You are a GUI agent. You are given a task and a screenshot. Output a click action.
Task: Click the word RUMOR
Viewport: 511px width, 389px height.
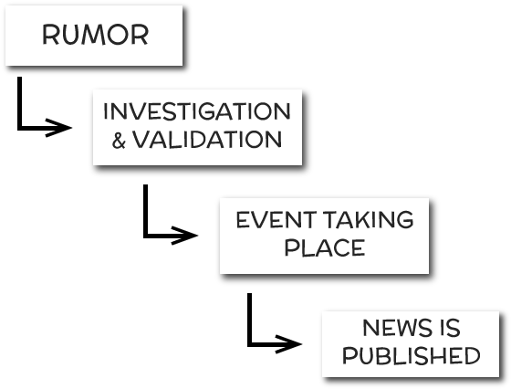[x=95, y=35]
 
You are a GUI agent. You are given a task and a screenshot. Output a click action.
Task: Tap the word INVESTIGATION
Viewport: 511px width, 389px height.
[x=196, y=111]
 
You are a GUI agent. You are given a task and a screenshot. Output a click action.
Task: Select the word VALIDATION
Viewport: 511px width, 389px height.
[x=206, y=140]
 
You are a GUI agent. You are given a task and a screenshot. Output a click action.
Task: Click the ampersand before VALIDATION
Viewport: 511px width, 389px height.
[x=119, y=141]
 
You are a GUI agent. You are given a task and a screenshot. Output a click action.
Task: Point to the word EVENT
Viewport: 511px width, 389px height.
[x=276, y=220]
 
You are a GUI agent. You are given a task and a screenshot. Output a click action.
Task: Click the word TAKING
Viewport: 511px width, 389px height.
[x=369, y=219]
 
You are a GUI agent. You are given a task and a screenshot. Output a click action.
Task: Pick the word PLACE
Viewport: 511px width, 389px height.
[x=325, y=247]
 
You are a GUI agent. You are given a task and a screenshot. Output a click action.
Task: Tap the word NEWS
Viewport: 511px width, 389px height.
[x=395, y=328]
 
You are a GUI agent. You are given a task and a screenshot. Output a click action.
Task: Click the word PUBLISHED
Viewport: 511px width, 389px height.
[x=411, y=355]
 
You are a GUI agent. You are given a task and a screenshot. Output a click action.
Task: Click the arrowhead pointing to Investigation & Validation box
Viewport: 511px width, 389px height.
[x=58, y=128]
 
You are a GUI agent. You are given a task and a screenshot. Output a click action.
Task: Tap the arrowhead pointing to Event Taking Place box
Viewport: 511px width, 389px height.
[x=184, y=235]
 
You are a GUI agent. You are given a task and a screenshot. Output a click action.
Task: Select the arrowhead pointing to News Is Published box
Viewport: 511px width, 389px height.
[x=288, y=343]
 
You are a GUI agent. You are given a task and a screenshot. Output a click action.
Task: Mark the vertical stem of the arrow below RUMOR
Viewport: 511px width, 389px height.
[x=19, y=103]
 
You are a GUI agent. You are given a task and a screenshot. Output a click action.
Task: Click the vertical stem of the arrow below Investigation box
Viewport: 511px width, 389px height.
[x=146, y=211]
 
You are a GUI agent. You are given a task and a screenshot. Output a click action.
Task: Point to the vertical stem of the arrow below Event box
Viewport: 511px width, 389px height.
[x=250, y=320]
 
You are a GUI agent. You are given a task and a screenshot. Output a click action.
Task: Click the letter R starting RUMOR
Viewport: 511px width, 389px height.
[x=50, y=35]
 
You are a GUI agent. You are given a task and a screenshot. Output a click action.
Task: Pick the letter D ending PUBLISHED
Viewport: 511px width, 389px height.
[x=471, y=355]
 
